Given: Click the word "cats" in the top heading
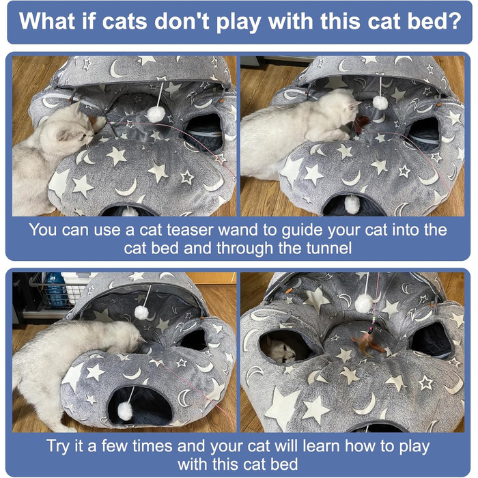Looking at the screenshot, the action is (125, 21).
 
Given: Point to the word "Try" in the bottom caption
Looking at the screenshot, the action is (59, 447).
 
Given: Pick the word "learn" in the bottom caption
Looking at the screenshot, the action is (321, 447).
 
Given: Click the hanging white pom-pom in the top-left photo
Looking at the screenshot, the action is (156, 114).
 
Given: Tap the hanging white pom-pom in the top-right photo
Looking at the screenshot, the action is (380, 102).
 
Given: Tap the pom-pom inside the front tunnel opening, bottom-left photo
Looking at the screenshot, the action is (125, 410).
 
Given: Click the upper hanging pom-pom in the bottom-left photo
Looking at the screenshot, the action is (142, 313).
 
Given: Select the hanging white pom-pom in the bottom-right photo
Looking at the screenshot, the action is (364, 303).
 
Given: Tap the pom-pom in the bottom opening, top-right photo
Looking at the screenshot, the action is (352, 204).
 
